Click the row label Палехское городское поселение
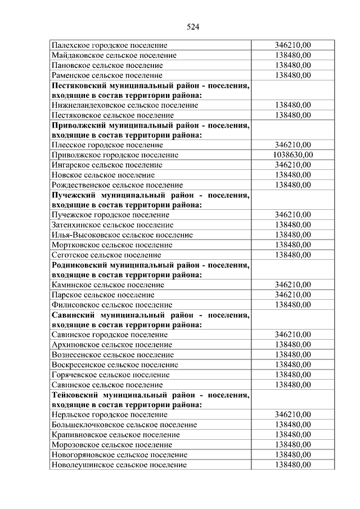tap(109, 45)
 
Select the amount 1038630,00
tap(293, 155)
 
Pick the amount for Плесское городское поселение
tap(293, 145)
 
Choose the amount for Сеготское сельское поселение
tap(293, 255)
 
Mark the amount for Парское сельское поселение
tap(293, 295)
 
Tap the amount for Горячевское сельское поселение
tap(293, 375)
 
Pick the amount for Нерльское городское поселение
tap(293, 415)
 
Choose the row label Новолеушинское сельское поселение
tap(119, 465)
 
